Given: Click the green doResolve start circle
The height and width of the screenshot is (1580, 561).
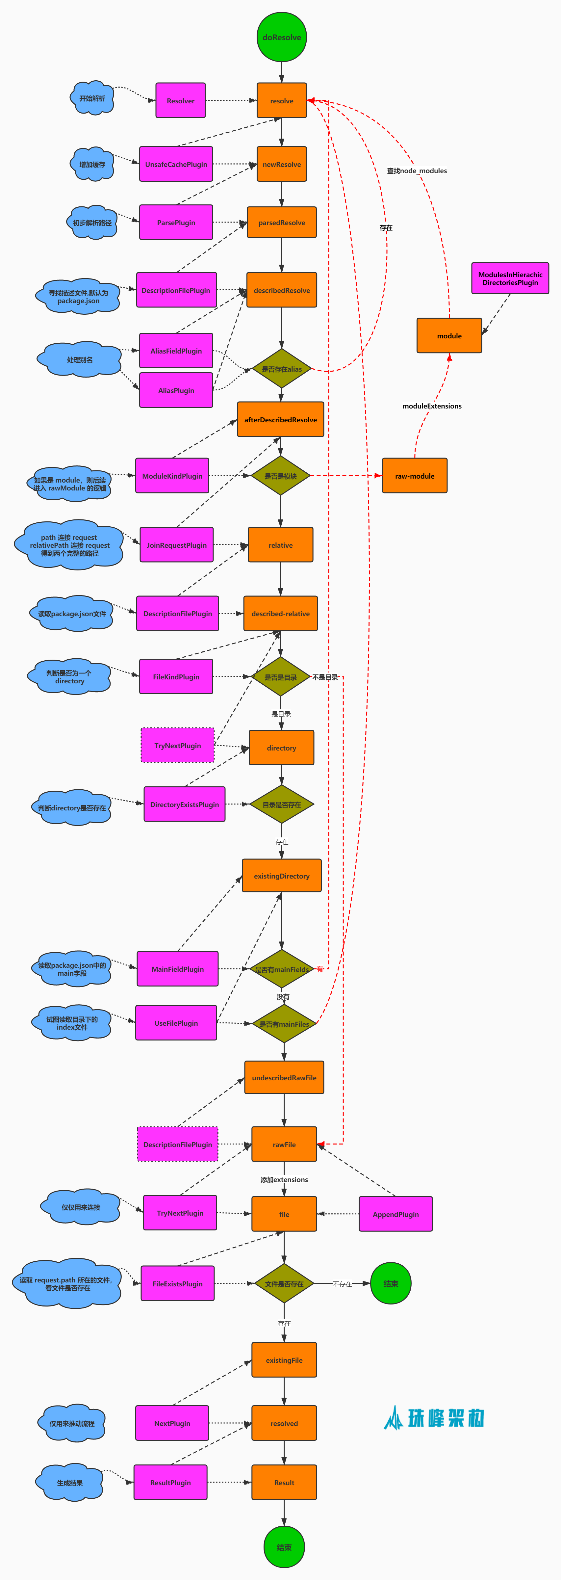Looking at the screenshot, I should tap(281, 38).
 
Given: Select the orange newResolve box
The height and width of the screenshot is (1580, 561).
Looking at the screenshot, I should tap(281, 164).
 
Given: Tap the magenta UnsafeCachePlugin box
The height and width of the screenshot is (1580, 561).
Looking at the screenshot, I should tap(176, 164).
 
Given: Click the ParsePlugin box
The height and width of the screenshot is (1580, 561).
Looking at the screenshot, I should tap(176, 222).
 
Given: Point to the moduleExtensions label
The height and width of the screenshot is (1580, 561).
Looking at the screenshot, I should tap(432, 406).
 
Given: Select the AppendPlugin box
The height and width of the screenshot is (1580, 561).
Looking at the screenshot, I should tap(395, 1214).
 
